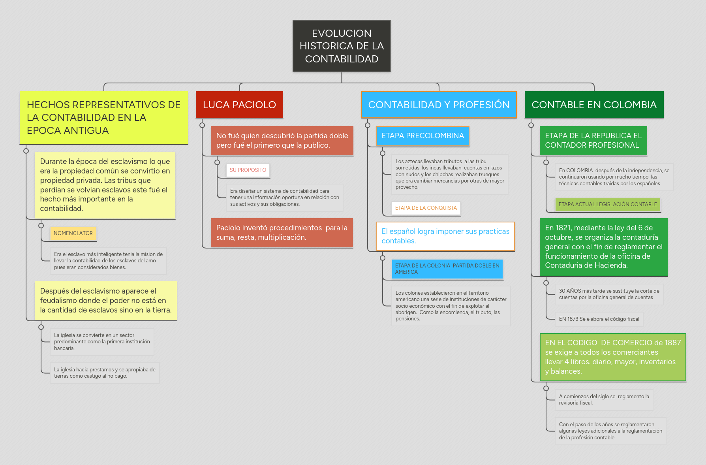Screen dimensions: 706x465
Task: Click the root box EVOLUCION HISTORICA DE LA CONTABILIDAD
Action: (342, 46)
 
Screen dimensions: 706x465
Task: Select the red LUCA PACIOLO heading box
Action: (239, 105)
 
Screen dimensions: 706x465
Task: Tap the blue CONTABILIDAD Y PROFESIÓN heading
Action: (439, 105)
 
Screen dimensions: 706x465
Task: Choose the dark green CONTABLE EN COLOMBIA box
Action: (594, 105)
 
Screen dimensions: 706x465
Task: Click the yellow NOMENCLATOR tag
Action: (73, 233)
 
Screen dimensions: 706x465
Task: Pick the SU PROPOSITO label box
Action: (248, 170)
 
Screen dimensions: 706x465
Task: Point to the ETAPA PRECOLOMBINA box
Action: (422, 136)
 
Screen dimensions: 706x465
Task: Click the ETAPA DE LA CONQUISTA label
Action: (426, 208)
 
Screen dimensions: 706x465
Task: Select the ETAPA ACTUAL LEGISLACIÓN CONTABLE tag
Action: (608, 205)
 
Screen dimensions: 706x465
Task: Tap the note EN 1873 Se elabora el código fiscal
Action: (599, 319)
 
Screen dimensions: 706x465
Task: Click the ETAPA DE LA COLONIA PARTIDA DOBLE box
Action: (447, 269)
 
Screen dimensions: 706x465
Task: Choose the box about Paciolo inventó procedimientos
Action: (282, 233)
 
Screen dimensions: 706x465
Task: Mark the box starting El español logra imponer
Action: (445, 236)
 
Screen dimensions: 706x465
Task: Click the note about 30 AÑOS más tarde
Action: (609, 294)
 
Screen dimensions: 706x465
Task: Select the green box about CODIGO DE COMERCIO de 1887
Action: (613, 357)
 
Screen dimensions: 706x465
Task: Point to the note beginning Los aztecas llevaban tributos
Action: (450, 174)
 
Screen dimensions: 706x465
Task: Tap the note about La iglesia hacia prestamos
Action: (105, 373)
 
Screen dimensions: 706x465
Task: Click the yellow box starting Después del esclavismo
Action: (106, 301)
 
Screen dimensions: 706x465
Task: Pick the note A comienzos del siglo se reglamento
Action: (604, 400)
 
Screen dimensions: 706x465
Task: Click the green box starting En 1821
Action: (604, 247)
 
